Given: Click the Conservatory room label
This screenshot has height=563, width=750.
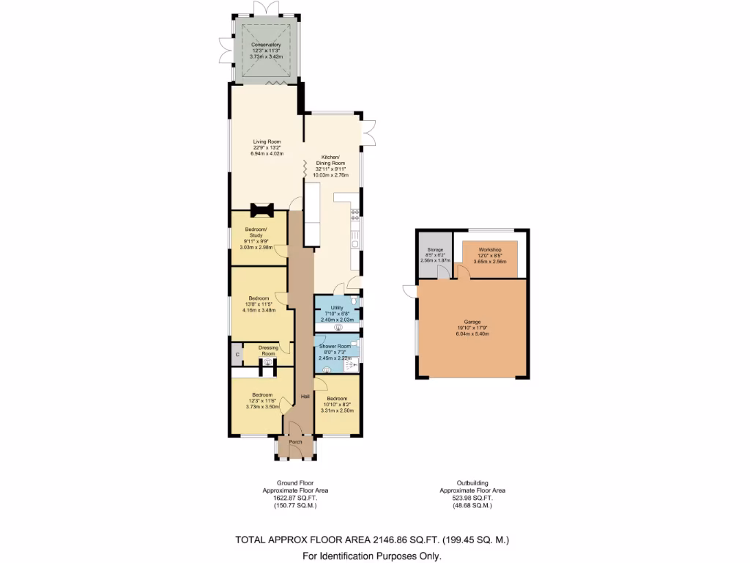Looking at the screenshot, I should (265, 45).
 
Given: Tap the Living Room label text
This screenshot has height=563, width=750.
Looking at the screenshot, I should (267, 141).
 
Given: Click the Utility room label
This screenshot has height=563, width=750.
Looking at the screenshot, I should (337, 308).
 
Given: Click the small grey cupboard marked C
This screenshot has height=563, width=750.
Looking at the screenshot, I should (237, 355).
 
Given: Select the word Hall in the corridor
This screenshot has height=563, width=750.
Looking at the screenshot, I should (305, 397).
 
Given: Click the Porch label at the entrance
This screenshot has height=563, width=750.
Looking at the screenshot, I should (296, 442).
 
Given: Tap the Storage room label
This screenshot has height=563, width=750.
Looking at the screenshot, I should (434, 250).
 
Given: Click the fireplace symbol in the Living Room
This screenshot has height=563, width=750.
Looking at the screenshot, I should (261, 211).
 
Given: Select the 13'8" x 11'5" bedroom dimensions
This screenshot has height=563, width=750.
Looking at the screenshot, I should (259, 303).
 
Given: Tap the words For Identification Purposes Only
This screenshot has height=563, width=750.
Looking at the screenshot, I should (372, 556).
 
